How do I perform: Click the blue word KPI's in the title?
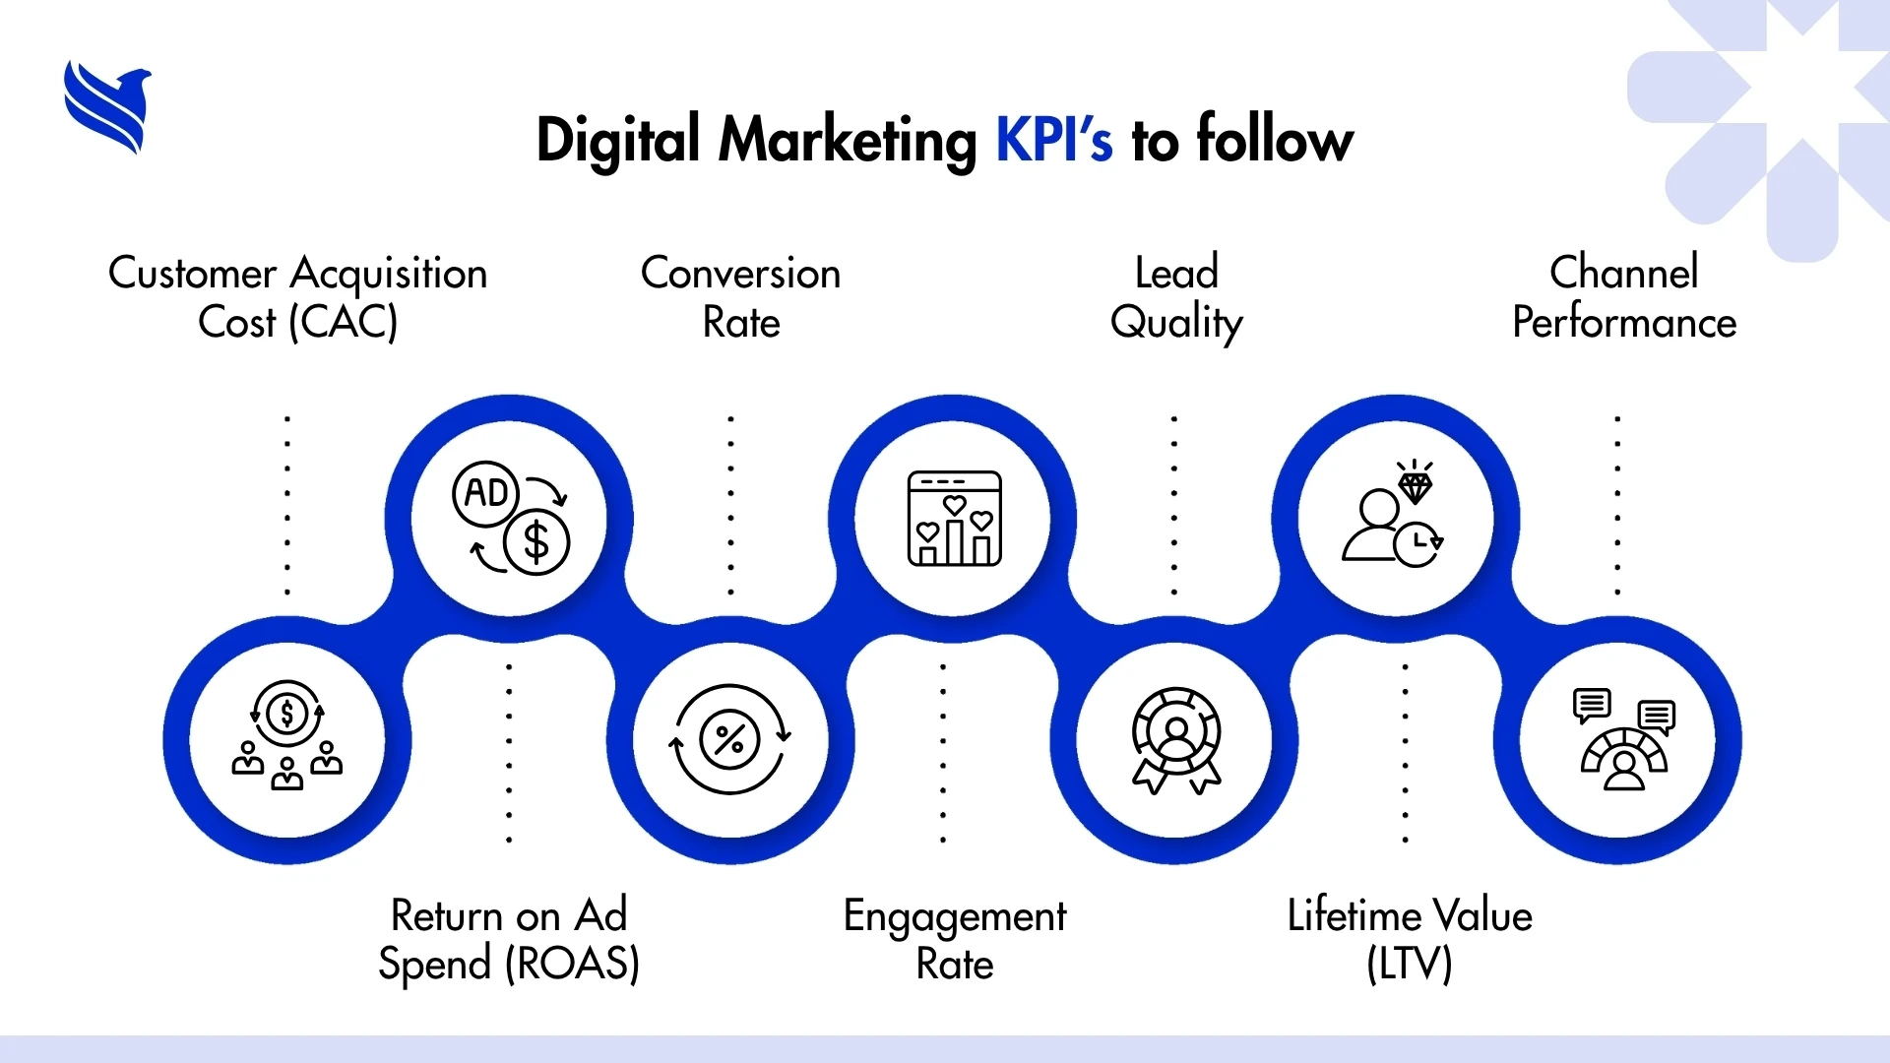1053,140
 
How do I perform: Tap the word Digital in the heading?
618,140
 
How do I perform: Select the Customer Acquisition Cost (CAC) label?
297,297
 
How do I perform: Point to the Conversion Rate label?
741,297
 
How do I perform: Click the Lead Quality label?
1176,297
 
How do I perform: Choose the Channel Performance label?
1624,297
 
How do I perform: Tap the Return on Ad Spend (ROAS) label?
509,940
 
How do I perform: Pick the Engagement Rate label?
954,940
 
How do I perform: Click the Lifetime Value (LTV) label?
1410,940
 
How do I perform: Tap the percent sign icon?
729,739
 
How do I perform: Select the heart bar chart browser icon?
954,519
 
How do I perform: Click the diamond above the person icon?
1415,485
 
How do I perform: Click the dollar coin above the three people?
287,714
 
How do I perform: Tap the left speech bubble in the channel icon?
1592,704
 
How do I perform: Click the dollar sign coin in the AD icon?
536,542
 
